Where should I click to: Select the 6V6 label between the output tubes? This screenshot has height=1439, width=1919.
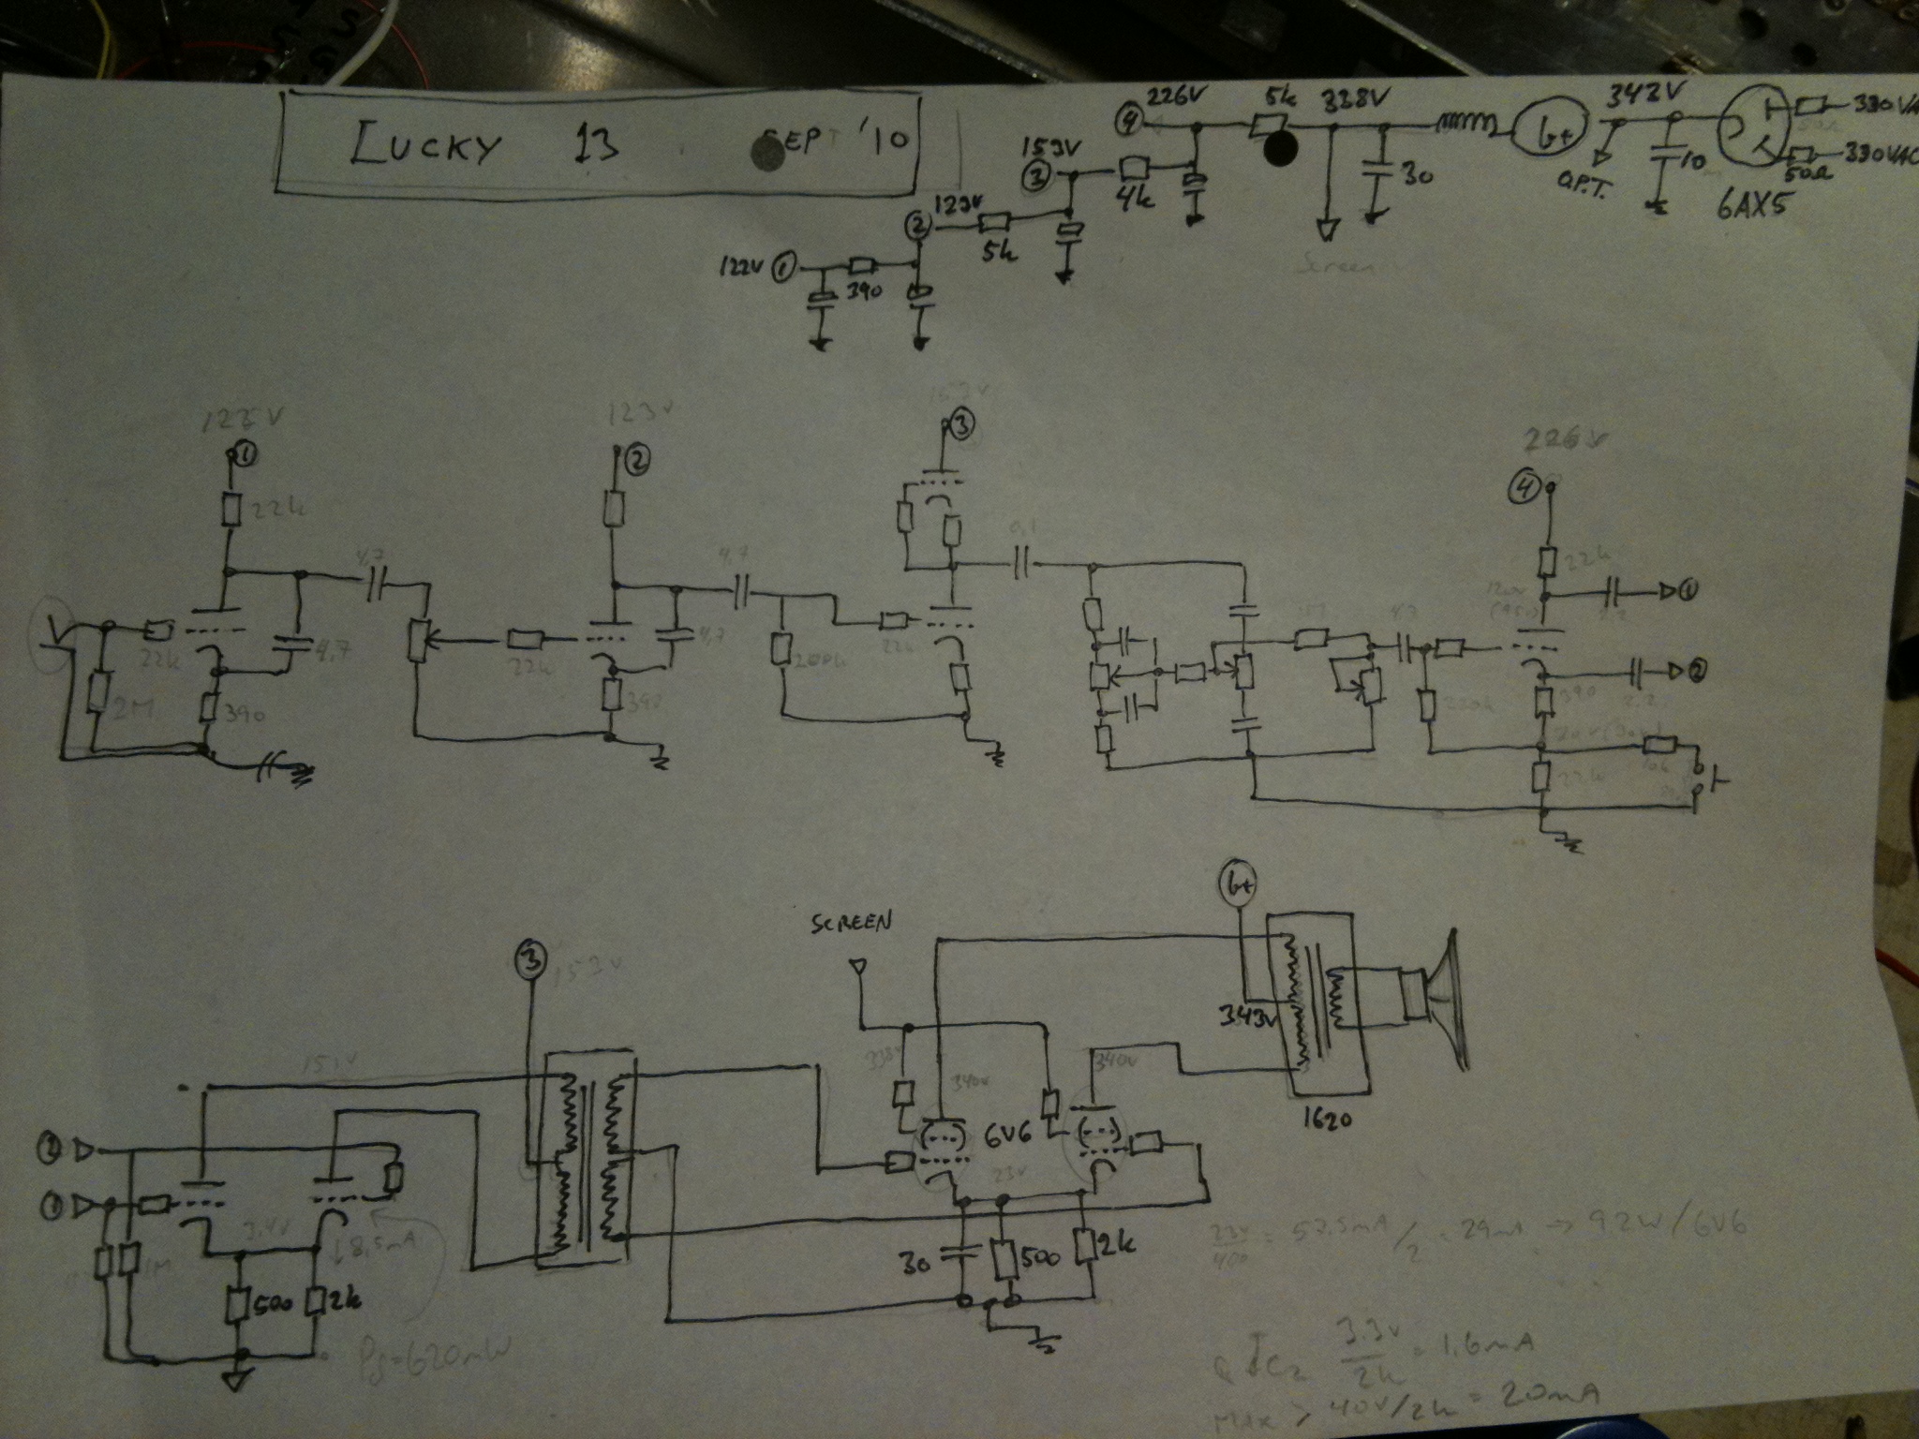[x=1007, y=1141]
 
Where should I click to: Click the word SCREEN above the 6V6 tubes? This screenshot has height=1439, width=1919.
[x=851, y=922]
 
